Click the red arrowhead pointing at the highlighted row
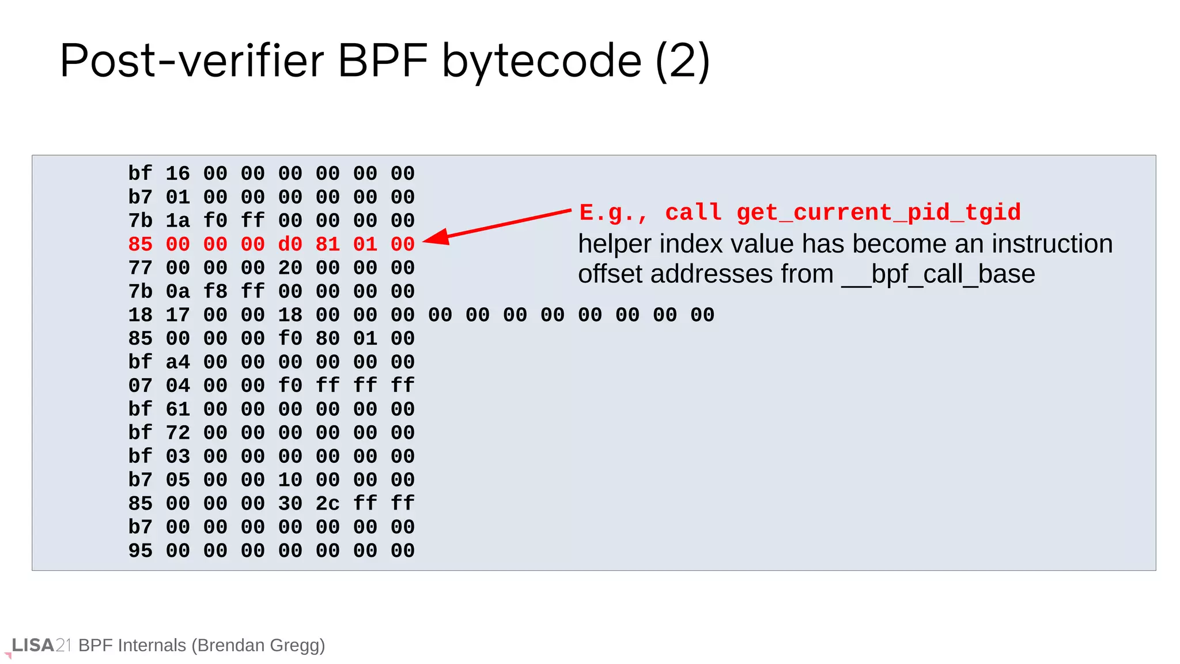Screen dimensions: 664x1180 pyautogui.click(x=437, y=237)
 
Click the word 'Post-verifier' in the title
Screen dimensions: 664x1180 pyautogui.click(x=191, y=61)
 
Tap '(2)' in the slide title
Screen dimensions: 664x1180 pyautogui.click(x=682, y=61)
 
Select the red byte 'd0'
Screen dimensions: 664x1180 pyautogui.click(x=290, y=244)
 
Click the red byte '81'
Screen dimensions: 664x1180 pyautogui.click(x=327, y=244)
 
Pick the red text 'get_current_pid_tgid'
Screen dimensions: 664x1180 pyautogui.click(x=878, y=213)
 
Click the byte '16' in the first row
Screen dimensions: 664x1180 pyautogui.click(x=177, y=173)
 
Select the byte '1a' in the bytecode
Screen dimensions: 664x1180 pyautogui.click(x=177, y=221)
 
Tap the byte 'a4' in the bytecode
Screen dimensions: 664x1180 pyautogui.click(x=177, y=362)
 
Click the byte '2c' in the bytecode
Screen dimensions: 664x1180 pyautogui.click(x=327, y=504)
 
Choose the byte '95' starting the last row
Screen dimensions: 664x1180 pyautogui.click(x=140, y=550)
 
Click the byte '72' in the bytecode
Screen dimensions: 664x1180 pyautogui.click(x=177, y=433)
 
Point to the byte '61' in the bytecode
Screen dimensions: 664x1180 pyautogui.click(x=177, y=409)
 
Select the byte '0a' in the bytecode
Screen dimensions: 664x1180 pyautogui.click(x=177, y=292)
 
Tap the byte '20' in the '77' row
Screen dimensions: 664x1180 pyautogui.click(x=290, y=268)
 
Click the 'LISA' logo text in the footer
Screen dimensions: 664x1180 pyautogui.click(x=33, y=645)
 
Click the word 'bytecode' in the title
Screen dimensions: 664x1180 pyautogui.click(x=541, y=61)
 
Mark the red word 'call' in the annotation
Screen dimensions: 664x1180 pyautogui.click(x=693, y=213)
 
